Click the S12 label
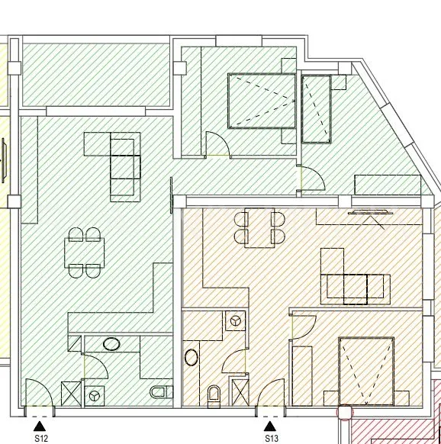point(41,439)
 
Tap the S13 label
point(272,439)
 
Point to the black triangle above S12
point(40,426)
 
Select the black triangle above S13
point(270,426)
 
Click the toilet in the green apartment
point(161,392)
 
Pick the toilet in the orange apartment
point(214,397)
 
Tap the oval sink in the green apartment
point(111,344)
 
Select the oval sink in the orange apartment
point(192,357)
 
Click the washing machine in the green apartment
point(95,396)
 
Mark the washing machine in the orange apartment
point(235,321)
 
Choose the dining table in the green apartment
point(85,253)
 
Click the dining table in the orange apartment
point(259,228)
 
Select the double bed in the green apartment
point(262,101)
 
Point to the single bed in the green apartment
point(317,109)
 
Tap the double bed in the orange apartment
point(366,372)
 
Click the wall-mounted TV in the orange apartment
point(368,212)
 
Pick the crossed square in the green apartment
point(71,394)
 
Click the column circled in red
point(345,413)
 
